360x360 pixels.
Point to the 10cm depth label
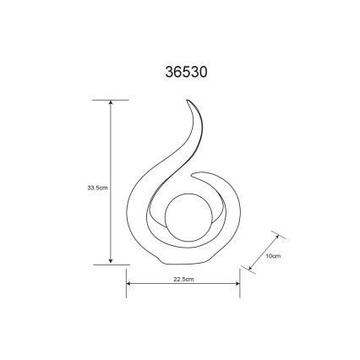pyautogui.click(x=272, y=254)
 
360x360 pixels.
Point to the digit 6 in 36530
pyautogui.click(x=174, y=74)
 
